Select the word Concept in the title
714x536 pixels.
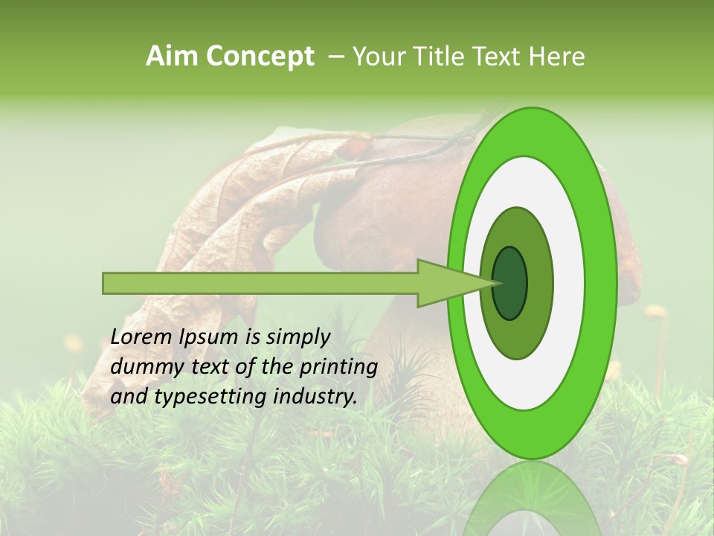pyautogui.click(x=260, y=56)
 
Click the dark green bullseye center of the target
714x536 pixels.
pyautogui.click(x=509, y=283)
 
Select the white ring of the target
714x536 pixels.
pyautogui.click(x=569, y=283)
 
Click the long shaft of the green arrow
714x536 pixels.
pyautogui.click(x=260, y=283)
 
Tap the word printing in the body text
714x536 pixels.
pyautogui.click(x=338, y=367)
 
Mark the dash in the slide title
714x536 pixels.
pyautogui.click(x=335, y=57)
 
